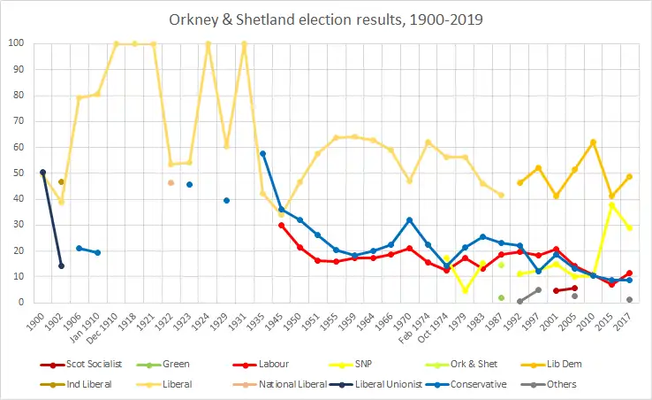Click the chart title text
pyautogui.click(x=325, y=19)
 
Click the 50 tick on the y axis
pyautogui.click(x=18, y=173)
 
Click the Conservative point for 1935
pyautogui.click(x=263, y=154)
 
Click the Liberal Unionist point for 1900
pyautogui.click(x=43, y=173)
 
